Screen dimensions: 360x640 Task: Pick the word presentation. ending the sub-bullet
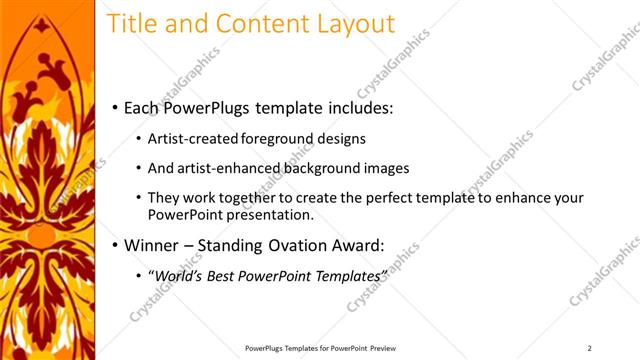(x=270, y=214)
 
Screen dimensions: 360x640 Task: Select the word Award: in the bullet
(x=361, y=244)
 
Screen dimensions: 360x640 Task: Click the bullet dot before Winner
(x=116, y=245)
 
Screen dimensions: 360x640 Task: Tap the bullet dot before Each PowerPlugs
(x=116, y=107)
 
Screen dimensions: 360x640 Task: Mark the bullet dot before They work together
(x=137, y=198)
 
